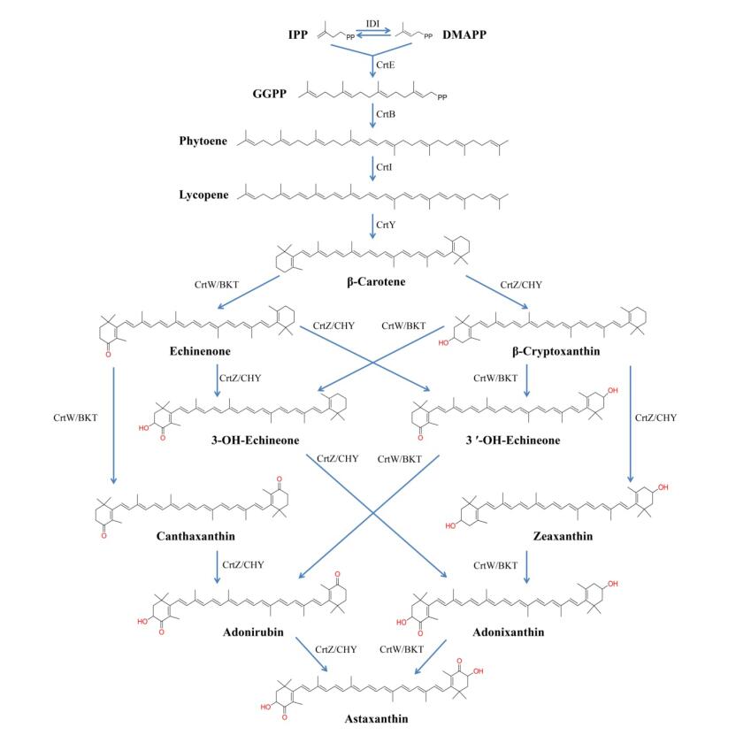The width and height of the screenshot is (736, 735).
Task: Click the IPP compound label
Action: coord(297,35)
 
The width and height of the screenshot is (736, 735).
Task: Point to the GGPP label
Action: coord(268,92)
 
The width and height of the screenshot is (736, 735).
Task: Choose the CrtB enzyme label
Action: coord(386,114)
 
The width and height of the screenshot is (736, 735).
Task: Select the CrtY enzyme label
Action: coord(386,225)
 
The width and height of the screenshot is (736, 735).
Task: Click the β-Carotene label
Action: coord(372,284)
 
